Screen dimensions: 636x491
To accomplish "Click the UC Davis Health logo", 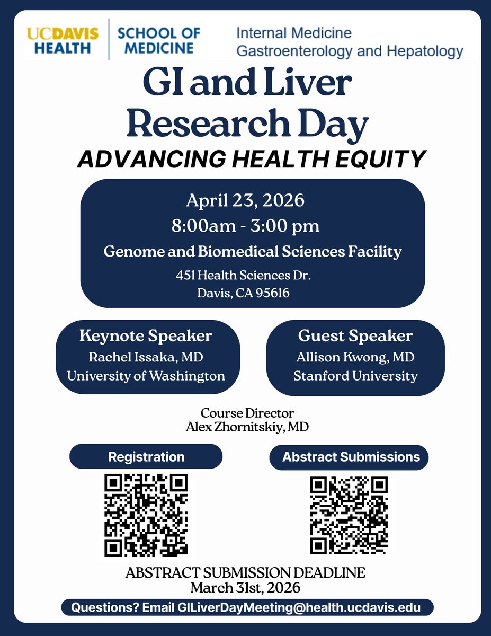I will [63, 41].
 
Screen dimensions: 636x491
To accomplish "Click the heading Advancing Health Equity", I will [252, 159].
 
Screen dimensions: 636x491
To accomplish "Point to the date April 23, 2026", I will [245, 201].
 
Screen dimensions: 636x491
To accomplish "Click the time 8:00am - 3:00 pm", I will [245, 226].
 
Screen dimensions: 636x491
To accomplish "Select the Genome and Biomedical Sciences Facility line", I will [252, 251].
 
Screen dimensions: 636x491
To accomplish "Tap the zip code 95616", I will [272, 293].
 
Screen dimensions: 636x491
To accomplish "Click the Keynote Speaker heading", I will [146, 336].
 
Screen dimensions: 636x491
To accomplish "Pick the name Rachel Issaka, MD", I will [146, 357].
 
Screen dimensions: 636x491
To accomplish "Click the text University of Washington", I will [146, 376].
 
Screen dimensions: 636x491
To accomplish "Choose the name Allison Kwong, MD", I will [355, 357].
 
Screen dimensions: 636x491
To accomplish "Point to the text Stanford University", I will [355, 376].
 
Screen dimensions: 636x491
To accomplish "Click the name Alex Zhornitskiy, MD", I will [247, 426].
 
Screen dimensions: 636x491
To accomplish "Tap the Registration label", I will [146, 457].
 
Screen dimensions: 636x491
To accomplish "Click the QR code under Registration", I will [146, 514].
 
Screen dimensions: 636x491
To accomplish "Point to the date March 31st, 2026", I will [245, 587].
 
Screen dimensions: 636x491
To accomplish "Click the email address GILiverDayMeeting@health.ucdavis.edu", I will [303, 607].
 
